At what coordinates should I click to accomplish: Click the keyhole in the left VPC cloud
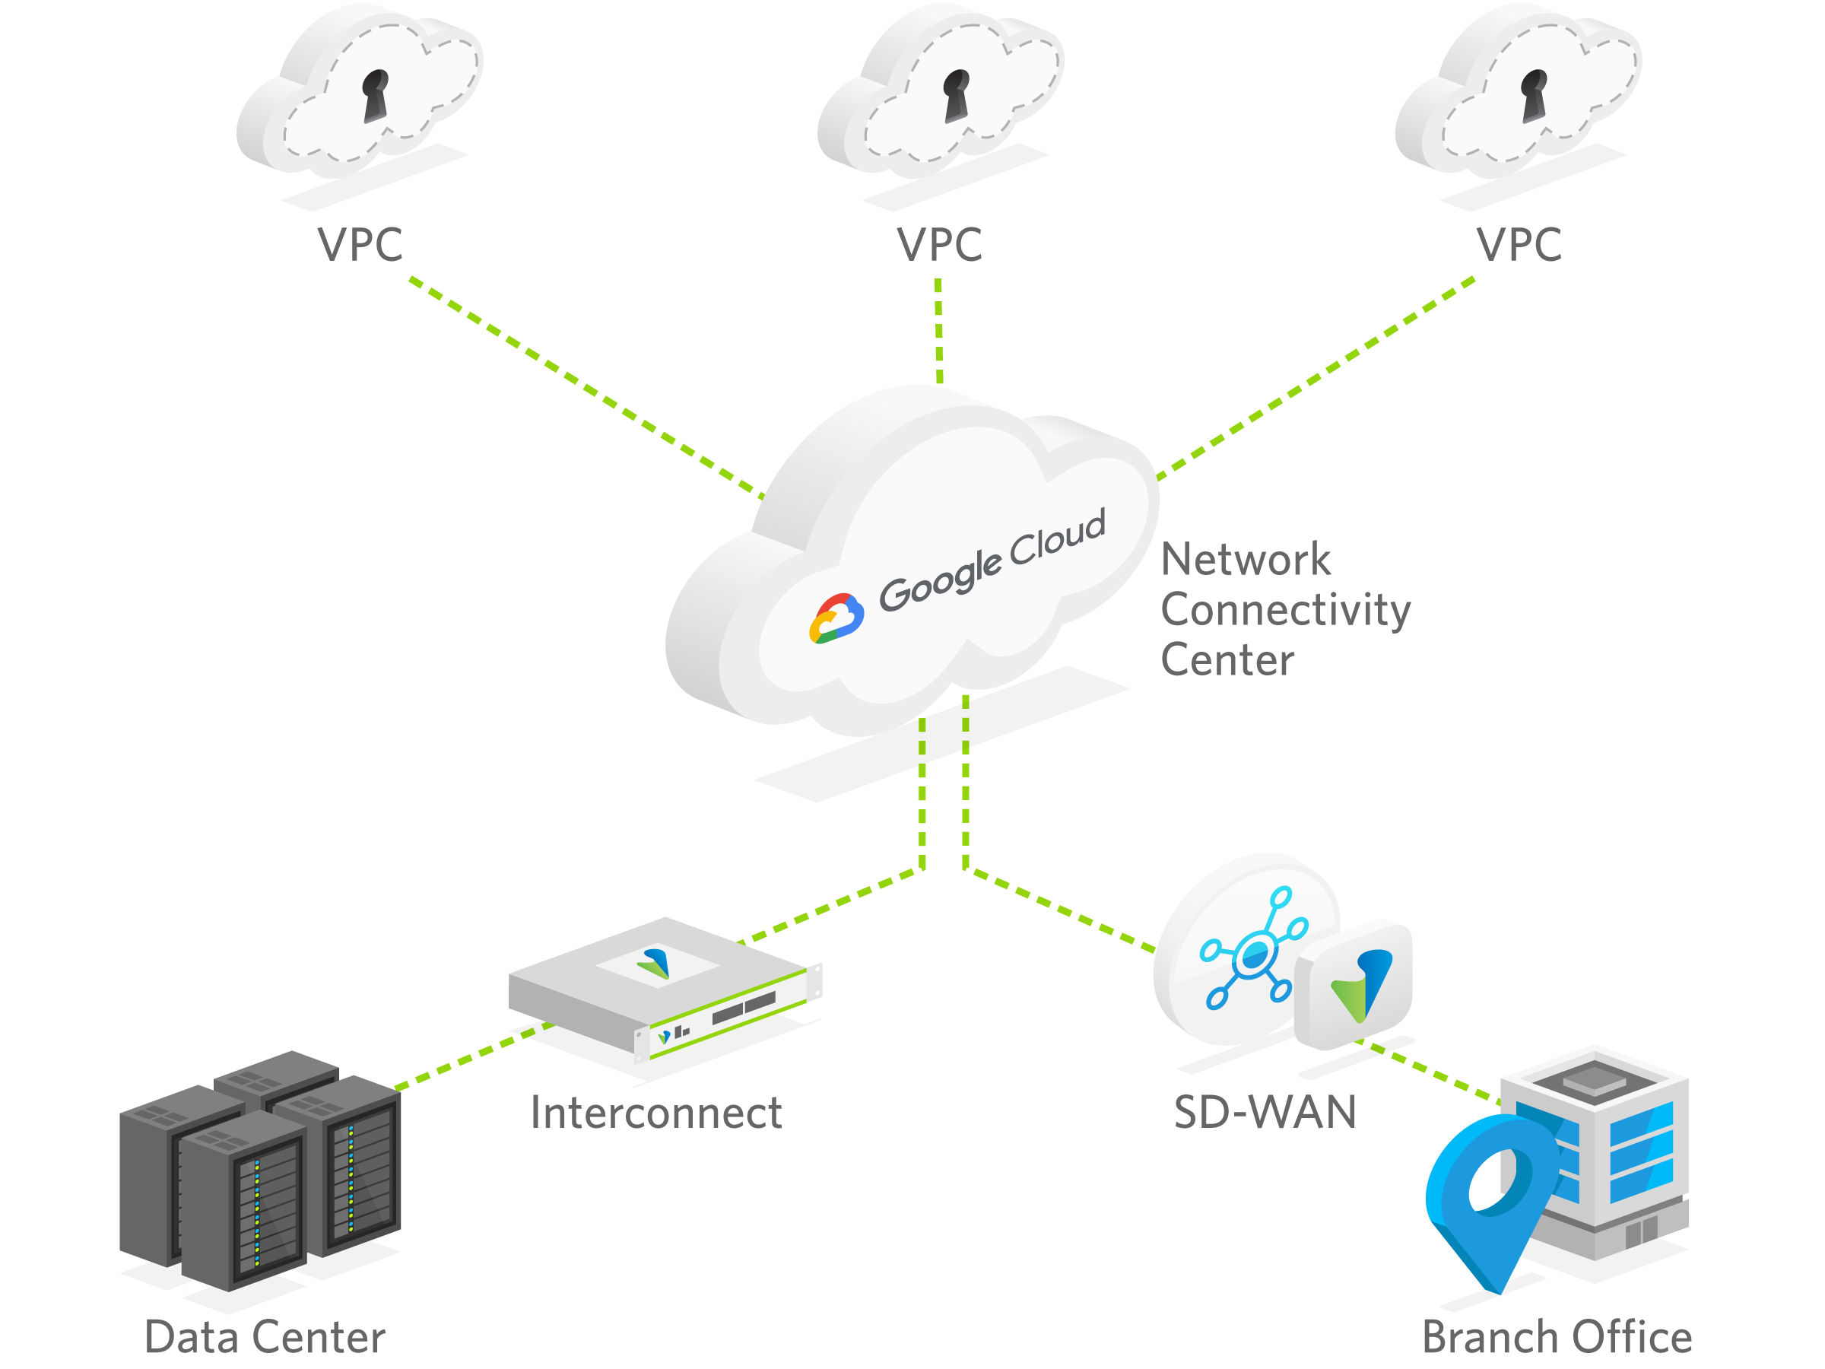point(376,94)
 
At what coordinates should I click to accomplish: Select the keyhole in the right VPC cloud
point(1534,94)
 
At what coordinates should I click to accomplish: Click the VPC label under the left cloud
point(360,245)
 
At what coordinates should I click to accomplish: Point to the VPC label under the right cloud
point(1519,245)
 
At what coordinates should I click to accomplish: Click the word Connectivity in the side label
point(1284,611)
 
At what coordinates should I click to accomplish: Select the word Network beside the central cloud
point(1245,561)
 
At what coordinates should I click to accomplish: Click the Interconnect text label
point(656,1113)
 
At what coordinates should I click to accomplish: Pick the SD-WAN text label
point(1265,1113)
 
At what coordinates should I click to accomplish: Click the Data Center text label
point(265,1337)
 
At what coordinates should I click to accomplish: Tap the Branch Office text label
point(1557,1337)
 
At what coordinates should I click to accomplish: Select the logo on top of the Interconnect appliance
point(654,963)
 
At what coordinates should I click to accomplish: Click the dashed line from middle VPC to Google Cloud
point(939,330)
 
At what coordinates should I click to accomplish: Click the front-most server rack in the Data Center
point(243,1201)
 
